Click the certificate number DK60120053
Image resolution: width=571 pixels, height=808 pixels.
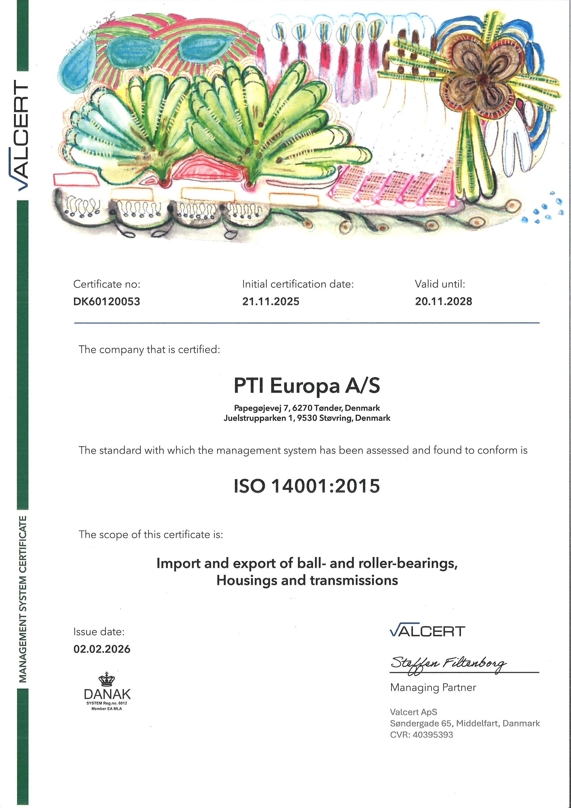click(x=107, y=301)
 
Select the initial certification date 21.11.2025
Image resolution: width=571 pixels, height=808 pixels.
click(x=271, y=301)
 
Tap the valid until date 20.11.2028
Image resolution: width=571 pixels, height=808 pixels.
click(x=443, y=301)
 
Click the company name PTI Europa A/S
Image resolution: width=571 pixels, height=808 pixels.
click(x=307, y=386)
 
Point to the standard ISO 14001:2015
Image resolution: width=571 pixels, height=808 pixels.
click(x=307, y=486)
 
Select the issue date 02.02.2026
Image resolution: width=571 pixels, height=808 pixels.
click(x=102, y=649)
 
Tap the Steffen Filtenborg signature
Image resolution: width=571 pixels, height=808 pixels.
click(x=449, y=664)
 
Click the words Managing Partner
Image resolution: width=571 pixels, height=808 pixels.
click(x=433, y=687)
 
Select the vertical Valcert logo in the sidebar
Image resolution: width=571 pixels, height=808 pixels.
click(x=22, y=136)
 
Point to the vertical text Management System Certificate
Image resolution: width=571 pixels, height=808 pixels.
click(x=23, y=598)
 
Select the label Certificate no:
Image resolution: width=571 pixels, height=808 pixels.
click(x=107, y=284)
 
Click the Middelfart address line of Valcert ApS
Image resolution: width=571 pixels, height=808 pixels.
click(x=464, y=723)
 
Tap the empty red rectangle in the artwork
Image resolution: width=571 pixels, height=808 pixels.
click(x=76, y=179)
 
